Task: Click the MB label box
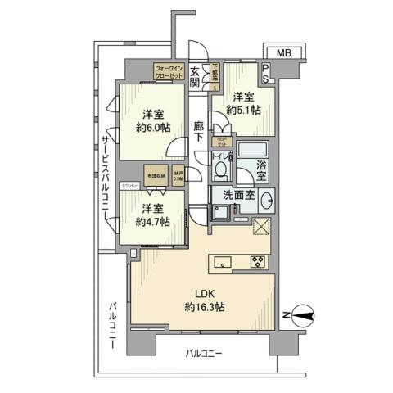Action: click(x=283, y=53)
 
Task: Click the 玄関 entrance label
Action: click(x=196, y=76)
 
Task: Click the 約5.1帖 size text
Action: click(x=244, y=110)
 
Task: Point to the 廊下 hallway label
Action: click(x=199, y=132)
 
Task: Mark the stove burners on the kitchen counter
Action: click(x=257, y=263)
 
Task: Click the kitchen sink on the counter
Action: click(x=224, y=263)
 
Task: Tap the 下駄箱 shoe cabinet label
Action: click(x=216, y=73)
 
